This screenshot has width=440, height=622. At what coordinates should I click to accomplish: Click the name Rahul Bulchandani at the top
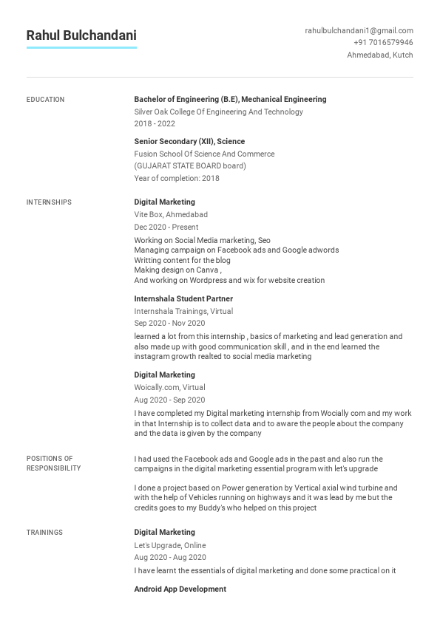pos(81,35)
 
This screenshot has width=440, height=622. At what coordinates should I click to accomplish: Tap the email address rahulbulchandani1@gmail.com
pos(359,31)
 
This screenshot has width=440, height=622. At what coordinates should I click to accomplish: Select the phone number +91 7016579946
pos(383,43)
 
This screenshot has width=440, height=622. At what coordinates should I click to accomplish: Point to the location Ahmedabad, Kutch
pos(380,55)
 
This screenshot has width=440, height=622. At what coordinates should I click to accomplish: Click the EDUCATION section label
pos(45,100)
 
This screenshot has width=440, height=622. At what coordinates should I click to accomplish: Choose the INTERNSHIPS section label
pos(49,202)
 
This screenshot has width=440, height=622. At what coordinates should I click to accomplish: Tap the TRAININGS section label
pos(44,533)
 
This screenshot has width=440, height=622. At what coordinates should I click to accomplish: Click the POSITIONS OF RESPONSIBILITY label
pos(53,463)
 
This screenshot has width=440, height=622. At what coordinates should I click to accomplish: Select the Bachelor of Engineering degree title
pos(230,99)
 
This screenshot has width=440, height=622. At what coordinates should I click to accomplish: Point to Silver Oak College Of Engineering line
pos(218,112)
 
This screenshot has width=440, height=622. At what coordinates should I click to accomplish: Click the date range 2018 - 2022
pos(155,124)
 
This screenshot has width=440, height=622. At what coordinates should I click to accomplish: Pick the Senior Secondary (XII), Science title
pos(189,141)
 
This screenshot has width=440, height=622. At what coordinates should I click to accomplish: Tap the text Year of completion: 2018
pos(177,178)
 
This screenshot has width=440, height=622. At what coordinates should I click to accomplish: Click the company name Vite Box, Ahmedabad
pos(171,214)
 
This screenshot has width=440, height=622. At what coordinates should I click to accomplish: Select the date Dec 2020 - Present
pos(166,227)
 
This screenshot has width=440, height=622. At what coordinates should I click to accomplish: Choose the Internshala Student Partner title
pos(183,298)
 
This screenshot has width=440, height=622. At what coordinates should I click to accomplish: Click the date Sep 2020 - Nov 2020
pos(169,323)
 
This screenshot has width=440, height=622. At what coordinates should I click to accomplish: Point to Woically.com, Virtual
pos(169,387)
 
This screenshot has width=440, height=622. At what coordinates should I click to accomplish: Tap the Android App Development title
pos(180,589)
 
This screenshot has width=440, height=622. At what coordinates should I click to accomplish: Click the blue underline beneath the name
pos(81,48)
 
